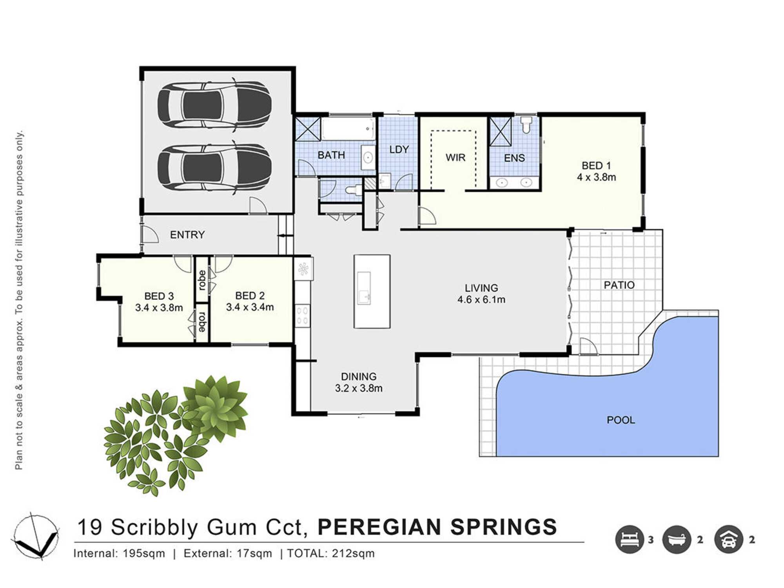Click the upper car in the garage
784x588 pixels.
(x=214, y=105)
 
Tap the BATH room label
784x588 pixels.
(x=331, y=155)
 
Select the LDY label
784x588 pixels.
(x=399, y=149)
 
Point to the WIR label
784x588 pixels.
(x=456, y=158)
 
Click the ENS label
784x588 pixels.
(x=514, y=158)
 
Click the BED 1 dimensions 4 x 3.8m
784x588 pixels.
(x=596, y=177)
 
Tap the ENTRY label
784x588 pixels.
(x=187, y=235)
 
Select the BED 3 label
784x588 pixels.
(x=159, y=296)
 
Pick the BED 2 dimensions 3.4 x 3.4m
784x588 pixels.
(x=250, y=307)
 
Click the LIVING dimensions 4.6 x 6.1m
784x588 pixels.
(x=481, y=299)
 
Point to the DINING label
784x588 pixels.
(x=359, y=377)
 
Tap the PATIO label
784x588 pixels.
(x=619, y=285)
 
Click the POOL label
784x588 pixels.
(x=621, y=420)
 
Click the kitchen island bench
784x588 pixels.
(x=372, y=291)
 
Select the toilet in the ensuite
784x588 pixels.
(x=526, y=124)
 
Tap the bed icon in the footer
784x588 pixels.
(x=630, y=539)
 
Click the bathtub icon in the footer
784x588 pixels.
(x=677, y=539)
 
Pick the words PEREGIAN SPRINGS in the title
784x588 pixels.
(x=437, y=527)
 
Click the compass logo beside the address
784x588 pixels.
(x=36, y=535)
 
